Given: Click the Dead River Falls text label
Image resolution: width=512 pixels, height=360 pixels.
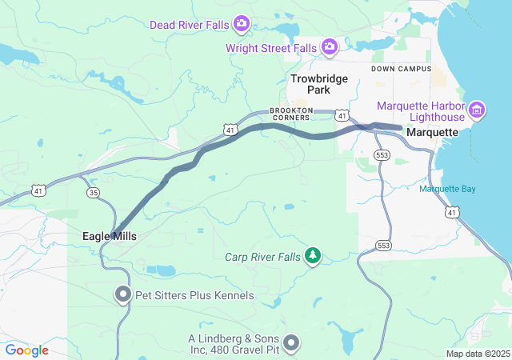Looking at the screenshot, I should (189, 24).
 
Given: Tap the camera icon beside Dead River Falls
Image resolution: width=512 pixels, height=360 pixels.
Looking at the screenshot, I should (241, 24).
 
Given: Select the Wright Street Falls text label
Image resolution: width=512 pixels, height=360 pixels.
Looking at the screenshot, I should (271, 48).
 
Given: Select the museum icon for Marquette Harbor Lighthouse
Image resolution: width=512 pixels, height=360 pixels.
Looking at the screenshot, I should (477, 109).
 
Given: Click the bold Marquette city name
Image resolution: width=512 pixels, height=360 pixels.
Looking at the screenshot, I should (432, 132).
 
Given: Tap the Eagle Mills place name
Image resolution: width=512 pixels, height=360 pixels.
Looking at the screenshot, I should (110, 237).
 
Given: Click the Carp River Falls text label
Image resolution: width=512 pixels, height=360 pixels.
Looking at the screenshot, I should (263, 257).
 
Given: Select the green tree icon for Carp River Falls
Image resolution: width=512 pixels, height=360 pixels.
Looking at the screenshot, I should (314, 256).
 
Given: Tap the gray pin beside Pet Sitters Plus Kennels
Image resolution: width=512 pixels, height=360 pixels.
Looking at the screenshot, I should (122, 295).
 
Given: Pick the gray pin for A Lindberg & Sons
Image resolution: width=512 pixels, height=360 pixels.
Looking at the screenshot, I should (291, 343).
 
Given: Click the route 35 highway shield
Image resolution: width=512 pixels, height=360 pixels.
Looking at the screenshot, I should (94, 193).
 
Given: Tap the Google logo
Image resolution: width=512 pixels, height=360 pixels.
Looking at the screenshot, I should (27, 350).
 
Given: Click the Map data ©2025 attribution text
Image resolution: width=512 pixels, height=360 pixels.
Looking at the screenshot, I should (478, 354).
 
